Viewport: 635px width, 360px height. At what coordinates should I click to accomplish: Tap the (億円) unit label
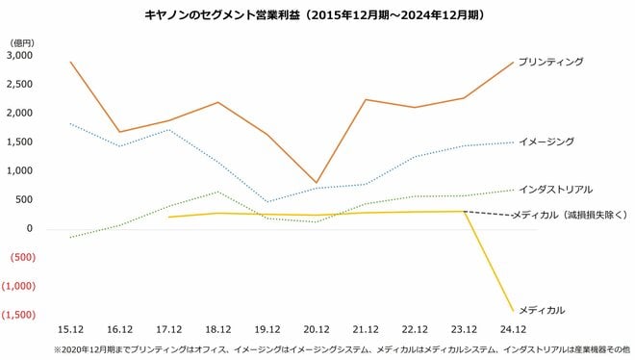21,43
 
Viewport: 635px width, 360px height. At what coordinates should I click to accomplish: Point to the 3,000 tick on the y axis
20,56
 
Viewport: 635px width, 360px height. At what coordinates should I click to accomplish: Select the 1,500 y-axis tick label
20,142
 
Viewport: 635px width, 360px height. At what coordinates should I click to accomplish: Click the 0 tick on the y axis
31,229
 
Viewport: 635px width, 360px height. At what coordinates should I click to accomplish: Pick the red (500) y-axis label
22,258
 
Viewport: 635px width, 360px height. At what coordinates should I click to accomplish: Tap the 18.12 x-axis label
218,328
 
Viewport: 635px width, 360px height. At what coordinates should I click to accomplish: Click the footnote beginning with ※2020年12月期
317,348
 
